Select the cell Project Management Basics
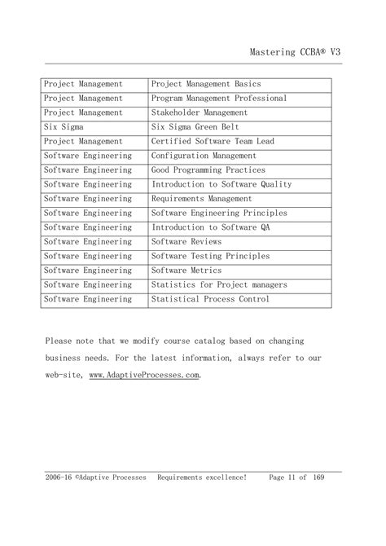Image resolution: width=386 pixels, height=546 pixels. pos(206,84)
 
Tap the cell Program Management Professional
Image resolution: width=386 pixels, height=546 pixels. pos(219,99)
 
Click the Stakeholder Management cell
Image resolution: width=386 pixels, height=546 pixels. pos(200,112)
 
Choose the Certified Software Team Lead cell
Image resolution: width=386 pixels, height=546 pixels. pos(213,141)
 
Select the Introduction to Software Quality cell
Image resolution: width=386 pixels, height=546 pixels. pos(222,184)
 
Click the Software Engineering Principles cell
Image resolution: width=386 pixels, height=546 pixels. pos(219,214)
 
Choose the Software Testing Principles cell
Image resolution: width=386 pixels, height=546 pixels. pos(210,257)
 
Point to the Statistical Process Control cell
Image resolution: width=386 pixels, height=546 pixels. pos(211,299)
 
